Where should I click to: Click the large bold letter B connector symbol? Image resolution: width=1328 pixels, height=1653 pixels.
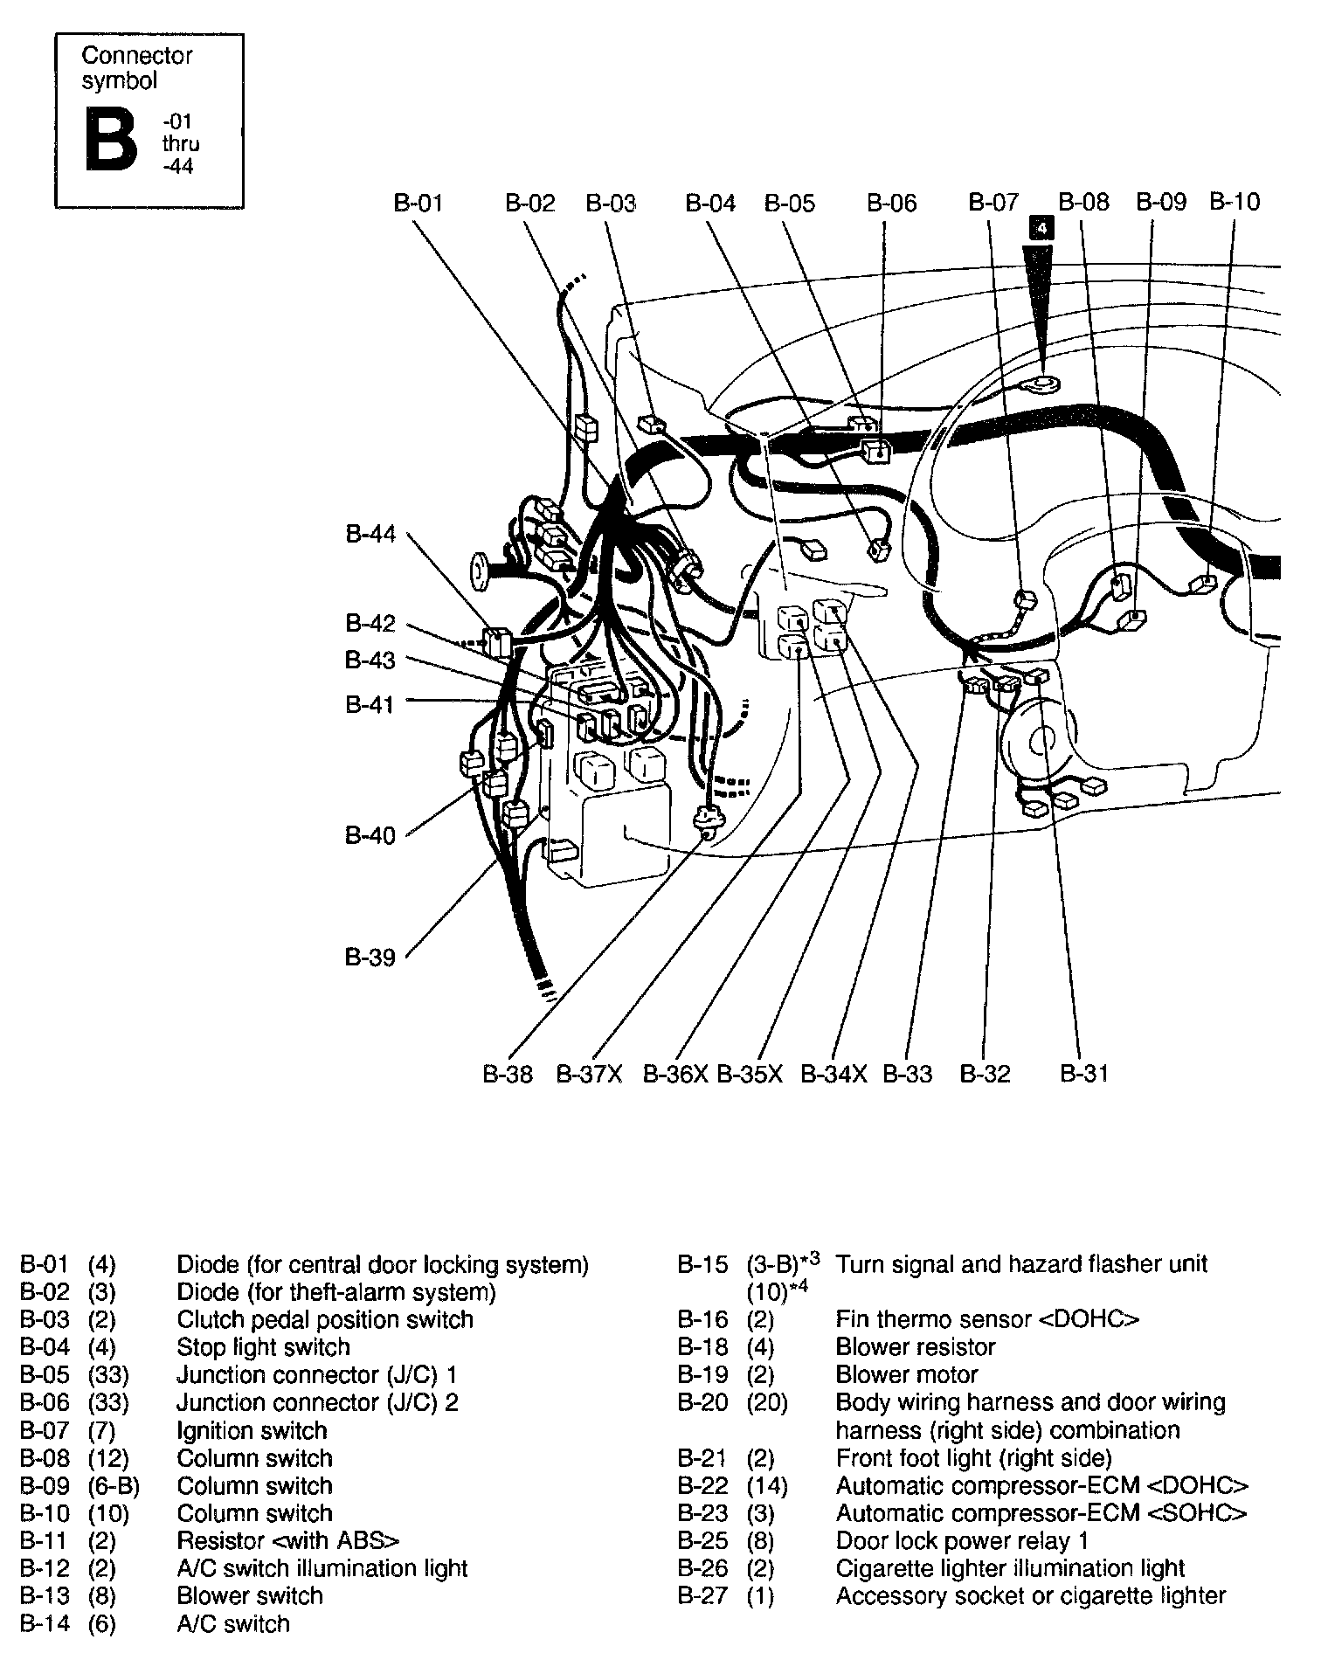coord(111,140)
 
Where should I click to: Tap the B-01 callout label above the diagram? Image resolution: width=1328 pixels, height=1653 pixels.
coord(418,204)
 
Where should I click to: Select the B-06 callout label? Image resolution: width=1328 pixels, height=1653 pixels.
coord(891,204)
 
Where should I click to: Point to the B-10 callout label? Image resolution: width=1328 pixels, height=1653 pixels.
coord(1235,202)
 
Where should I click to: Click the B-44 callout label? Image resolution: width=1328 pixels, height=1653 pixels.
coord(370,534)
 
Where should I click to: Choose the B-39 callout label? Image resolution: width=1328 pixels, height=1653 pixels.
coord(370,958)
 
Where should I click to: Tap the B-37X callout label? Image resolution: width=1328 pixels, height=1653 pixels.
coord(589,1074)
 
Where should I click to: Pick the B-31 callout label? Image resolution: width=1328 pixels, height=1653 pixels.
coord(1083,1074)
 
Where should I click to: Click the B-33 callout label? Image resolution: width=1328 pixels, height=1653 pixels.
coord(907,1074)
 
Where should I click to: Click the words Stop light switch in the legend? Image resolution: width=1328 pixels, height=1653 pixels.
coord(263,1347)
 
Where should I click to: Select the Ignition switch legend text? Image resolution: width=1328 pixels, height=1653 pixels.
coord(252,1431)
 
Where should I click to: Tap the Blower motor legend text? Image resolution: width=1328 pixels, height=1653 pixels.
coord(906,1375)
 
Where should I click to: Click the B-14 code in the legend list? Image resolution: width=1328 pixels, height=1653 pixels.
coord(45,1624)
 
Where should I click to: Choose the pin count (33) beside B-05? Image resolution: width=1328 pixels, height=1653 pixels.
coord(108,1375)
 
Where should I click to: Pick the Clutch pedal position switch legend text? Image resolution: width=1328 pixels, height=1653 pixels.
coord(325,1319)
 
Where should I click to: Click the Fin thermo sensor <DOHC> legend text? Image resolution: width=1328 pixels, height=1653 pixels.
coord(987,1319)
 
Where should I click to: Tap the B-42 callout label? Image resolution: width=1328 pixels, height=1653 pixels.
coord(370,623)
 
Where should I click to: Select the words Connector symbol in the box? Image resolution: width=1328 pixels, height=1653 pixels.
coord(136,68)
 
